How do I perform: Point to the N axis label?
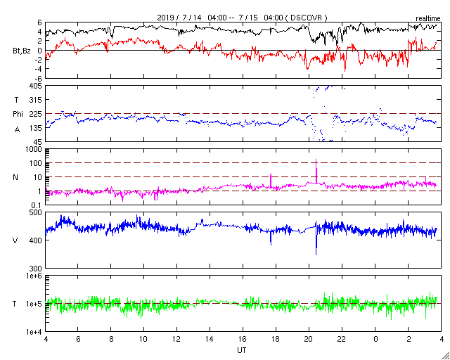pos(15,177)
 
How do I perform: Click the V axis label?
pos(15,240)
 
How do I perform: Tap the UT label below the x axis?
pos(242,349)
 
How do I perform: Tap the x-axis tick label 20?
pos(309,338)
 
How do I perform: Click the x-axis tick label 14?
pos(210,338)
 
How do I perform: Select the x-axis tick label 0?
pos(375,338)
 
